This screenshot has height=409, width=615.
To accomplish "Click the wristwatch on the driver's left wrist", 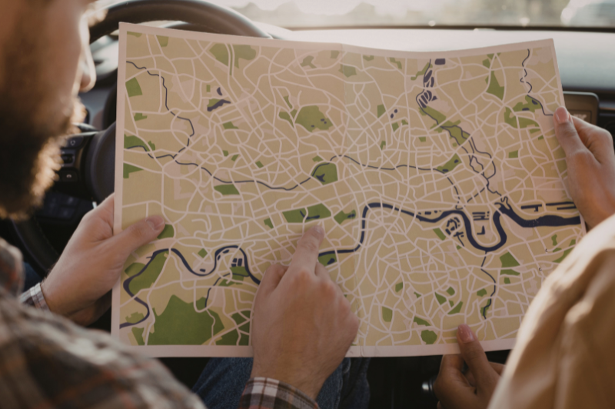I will click(x=34, y=295).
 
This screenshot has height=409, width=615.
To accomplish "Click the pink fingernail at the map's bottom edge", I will click(x=466, y=334).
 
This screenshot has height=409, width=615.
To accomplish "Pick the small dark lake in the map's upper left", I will click(x=218, y=105).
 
